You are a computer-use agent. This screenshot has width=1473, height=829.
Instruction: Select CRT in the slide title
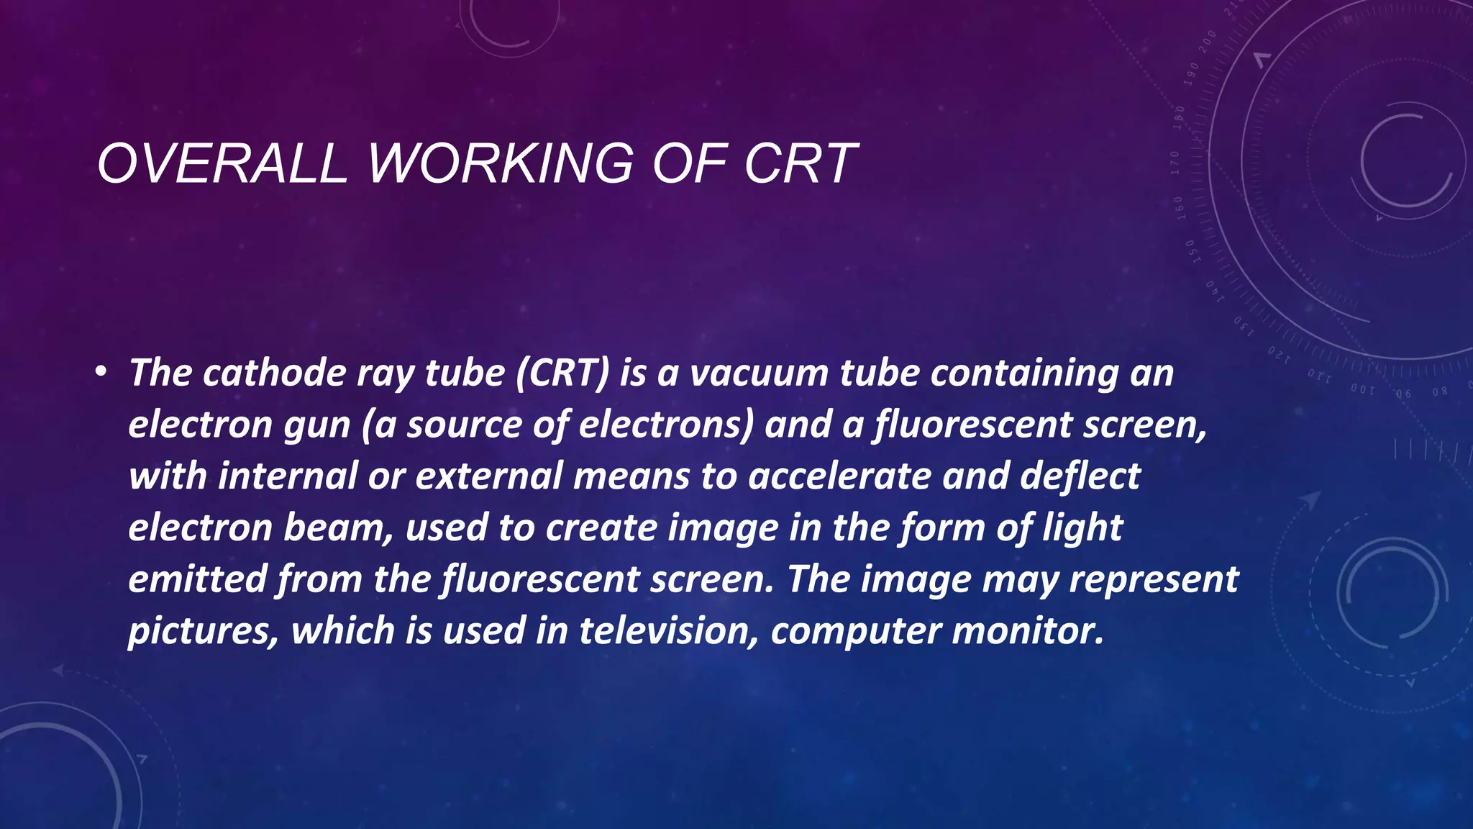[x=801, y=163]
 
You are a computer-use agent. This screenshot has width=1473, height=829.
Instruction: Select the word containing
[x=1024, y=373]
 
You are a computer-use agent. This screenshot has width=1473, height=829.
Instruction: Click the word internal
[x=288, y=476]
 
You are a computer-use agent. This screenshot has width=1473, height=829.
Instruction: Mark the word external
[x=489, y=476]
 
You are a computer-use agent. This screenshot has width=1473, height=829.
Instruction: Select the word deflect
[x=1080, y=476]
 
